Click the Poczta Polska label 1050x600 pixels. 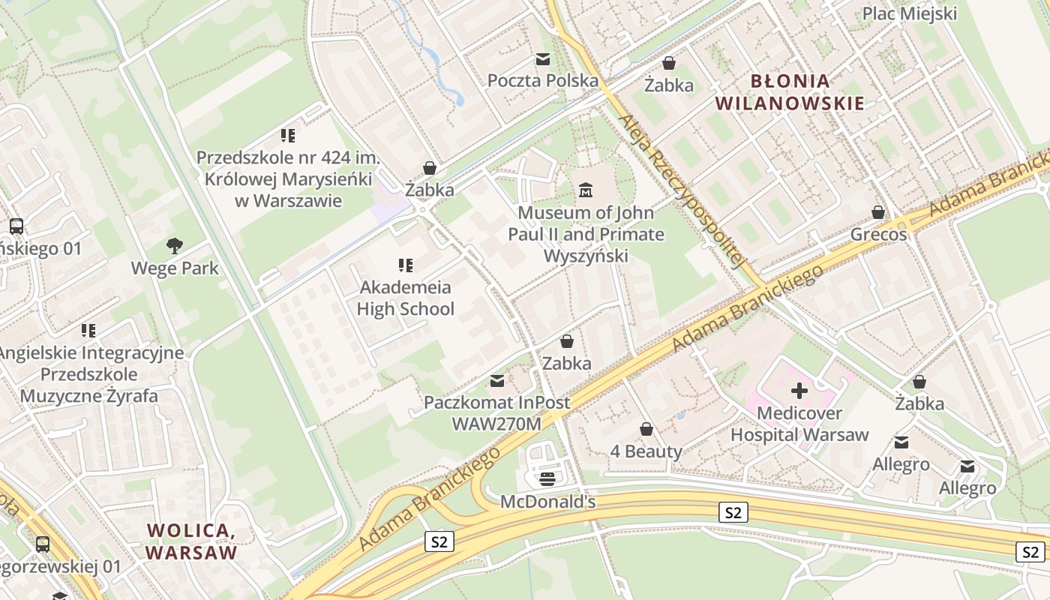tap(543, 80)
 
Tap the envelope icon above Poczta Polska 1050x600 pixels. tap(543, 59)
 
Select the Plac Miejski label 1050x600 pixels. tap(909, 13)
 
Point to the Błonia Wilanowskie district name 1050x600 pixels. tap(790, 91)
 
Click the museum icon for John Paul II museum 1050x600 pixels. tap(586, 190)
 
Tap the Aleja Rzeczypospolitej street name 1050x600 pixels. tap(681, 192)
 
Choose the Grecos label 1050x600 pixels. tap(878, 235)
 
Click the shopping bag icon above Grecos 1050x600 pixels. tap(878, 213)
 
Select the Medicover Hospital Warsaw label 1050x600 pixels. tap(799, 424)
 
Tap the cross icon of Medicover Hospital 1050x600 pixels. tap(799, 390)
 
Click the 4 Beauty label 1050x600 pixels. tap(646, 451)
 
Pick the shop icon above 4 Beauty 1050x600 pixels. tap(646, 429)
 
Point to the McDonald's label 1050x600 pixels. tap(547, 502)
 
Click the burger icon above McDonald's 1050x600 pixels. tap(547, 478)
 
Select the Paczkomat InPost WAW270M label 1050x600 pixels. tap(496, 412)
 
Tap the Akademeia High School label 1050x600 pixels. tap(405, 298)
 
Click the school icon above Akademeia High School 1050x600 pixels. tap(406, 265)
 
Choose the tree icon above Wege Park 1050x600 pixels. tap(175, 245)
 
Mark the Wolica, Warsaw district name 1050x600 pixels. tap(191, 541)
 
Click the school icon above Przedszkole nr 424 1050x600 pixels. tap(288, 136)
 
